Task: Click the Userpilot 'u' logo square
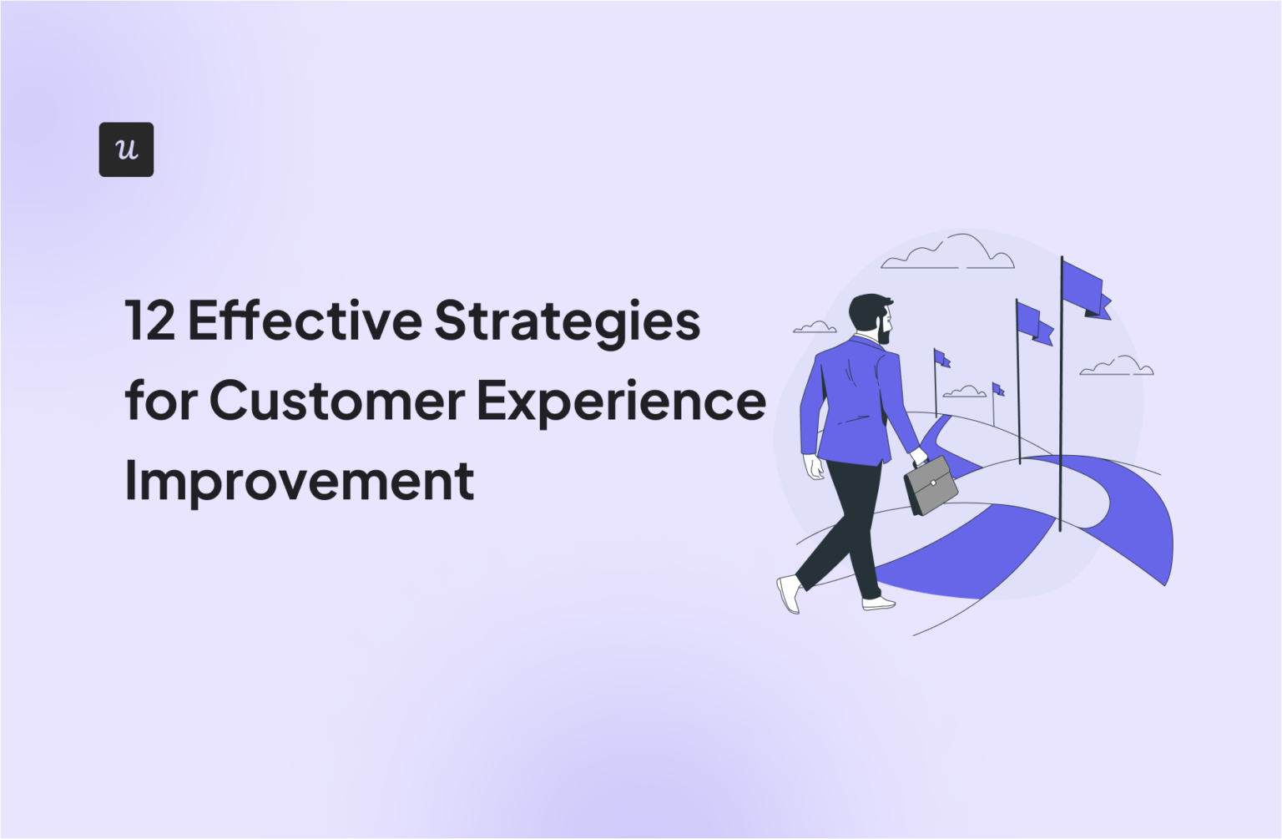pyautogui.click(x=126, y=149)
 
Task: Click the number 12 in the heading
pyautogui.click(x=149, y=321)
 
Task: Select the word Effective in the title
pyautogui.click(x=305, y=321)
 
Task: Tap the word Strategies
pyautogui.click(x=567, y=322)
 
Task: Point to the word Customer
pyautogui.click(x=336, y=401)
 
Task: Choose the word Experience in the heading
pyautogui.click(x=621, y=402)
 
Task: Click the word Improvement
pyautogui.click(x=300, y=481)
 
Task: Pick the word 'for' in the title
pyautogui.click(x=160, y=401)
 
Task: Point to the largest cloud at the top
pyautogui.click(x=951, y=253)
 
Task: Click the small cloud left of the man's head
pyautogui.click(x=814, y=327)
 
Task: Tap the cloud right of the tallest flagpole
pyautogui.click(x=1117, y=366)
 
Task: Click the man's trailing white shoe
pyautogui.click(x=789, y=593)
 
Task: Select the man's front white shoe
pyautogui.click(x=878, y=603)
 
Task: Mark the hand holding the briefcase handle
pyautogui.click(x=918, y=457)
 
